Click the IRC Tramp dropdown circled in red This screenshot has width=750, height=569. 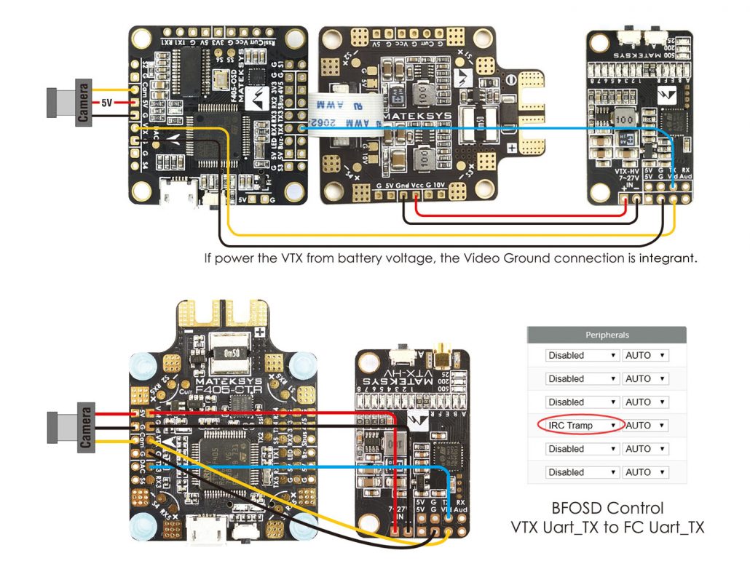point(580,425)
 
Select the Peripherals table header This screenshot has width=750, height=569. point(607,335)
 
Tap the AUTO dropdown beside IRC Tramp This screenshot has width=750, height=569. point(645,425)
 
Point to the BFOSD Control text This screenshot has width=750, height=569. point(607,508)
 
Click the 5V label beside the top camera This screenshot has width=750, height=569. point(106,103)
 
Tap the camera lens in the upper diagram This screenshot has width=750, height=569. point(52,103)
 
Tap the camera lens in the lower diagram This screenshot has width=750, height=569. point(52,426)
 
